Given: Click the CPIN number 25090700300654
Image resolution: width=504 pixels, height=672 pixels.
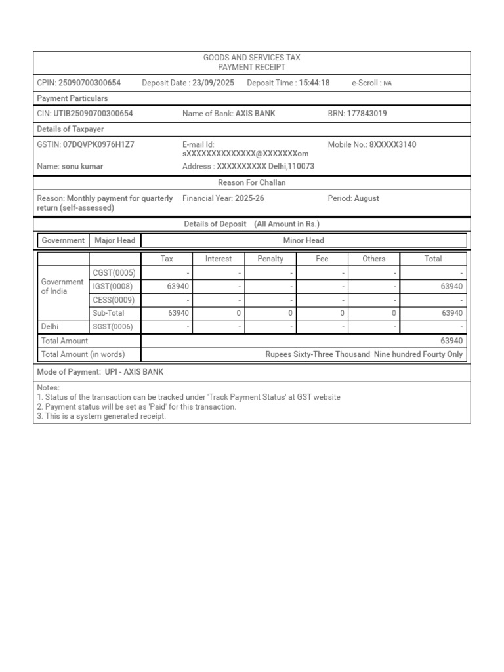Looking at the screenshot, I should pos(89,83).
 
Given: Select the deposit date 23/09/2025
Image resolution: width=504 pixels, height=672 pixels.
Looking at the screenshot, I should pos(213,83).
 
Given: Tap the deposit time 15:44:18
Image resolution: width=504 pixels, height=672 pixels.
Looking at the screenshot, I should pos(314,83).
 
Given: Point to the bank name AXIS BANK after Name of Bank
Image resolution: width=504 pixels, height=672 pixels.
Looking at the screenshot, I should pos(256,114).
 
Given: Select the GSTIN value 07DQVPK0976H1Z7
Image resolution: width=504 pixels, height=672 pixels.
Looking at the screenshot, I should pos(98,144).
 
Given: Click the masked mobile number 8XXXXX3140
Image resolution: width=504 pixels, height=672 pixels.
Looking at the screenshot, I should pos(392,144).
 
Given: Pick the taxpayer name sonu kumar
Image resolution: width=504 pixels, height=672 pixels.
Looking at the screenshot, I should pos(82,167).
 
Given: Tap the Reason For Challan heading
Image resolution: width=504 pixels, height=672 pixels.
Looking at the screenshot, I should pos(252,182).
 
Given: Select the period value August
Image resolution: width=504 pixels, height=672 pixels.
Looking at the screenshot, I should pos(366,198).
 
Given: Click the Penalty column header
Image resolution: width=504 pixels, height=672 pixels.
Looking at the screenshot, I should pos(270,259).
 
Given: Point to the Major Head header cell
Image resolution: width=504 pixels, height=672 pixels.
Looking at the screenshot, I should pos(115,240).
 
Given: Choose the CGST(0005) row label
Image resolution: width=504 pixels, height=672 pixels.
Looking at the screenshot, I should pos(114,273).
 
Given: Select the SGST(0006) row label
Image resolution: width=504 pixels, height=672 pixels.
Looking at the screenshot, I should pos(114,327).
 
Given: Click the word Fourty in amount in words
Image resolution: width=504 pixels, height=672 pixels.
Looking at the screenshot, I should pos(431,354).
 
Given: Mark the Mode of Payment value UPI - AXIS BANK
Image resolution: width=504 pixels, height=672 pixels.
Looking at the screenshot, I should pos(134,372).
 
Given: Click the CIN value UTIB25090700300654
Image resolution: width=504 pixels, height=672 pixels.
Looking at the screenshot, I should pos(93,114).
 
